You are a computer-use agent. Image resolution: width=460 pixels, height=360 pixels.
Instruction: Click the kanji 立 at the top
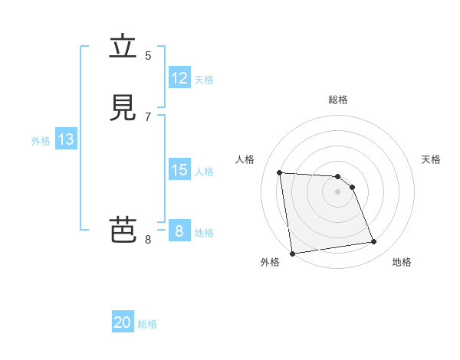click(123, 47)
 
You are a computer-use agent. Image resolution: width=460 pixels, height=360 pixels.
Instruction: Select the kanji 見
click(123, 107)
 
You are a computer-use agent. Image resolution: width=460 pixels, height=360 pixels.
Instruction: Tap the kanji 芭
click(123, 230)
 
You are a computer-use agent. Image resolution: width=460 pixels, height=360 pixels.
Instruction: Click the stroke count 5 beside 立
click(148, 55)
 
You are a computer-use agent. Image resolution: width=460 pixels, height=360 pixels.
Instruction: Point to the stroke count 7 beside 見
click(148, 116)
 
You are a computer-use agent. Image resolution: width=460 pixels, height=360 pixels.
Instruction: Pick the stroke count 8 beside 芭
click(148, 239)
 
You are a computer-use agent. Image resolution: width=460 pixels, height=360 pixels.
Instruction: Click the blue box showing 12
click(179, 77)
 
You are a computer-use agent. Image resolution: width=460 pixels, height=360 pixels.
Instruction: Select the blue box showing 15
click(179, 169)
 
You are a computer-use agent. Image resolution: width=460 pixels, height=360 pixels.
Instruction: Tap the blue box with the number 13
click(65, 139)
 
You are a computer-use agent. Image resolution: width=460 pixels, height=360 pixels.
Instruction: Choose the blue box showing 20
click(123, 322)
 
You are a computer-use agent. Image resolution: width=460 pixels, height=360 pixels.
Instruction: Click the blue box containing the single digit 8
click(179, 231)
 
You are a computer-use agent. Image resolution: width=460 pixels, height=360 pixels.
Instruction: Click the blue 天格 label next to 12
click(204, 79)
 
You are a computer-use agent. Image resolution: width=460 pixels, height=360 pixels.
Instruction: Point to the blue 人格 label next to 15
click(204, 171)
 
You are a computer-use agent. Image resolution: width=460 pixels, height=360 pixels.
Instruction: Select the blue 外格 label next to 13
click(41, 141)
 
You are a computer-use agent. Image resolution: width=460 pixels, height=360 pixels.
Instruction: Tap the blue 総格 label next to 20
click(147, 324)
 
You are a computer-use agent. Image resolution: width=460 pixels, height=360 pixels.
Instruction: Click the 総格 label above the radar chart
click(338, 100)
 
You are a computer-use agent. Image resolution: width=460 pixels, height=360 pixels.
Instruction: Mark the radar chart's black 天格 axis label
click(432, 159)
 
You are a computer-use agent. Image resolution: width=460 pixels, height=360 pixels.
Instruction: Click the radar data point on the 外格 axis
click(292, 254)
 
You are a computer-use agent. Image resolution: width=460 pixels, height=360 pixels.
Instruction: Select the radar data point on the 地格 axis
click(374, 242)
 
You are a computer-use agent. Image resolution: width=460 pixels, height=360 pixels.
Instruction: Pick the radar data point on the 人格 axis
click(279, 172)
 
